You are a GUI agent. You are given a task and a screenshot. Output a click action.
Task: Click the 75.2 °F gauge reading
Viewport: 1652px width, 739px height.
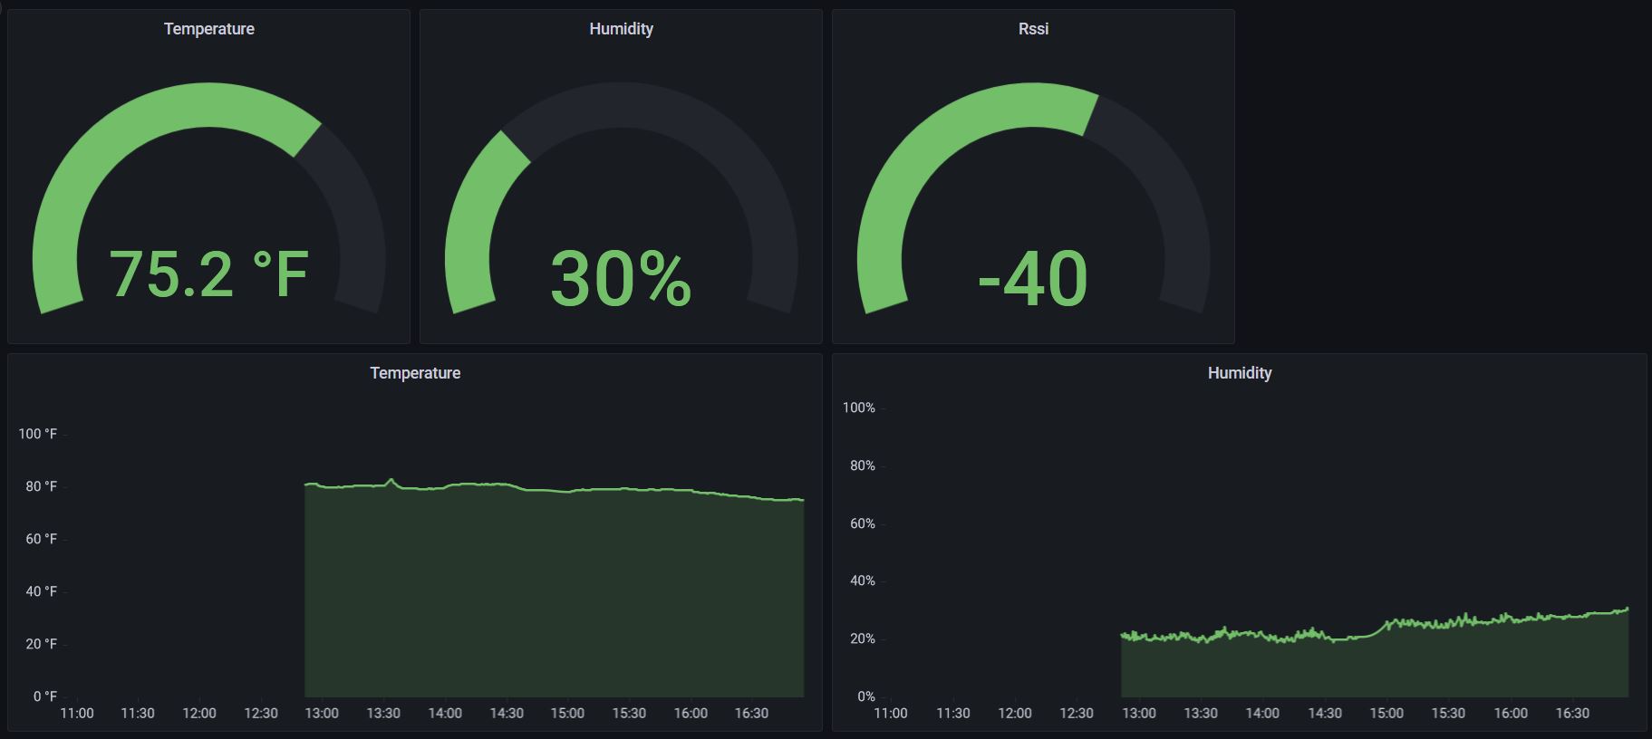pos(208,274)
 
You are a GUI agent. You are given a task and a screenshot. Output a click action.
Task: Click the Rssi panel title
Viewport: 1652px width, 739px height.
pos(1033,29)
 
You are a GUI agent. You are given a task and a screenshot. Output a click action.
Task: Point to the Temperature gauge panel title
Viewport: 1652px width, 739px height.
pos(208,29)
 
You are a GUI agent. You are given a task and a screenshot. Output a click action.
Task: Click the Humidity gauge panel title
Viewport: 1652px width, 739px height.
pos(621,29)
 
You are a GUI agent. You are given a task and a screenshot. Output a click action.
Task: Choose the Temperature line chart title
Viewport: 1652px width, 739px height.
pos(415,373)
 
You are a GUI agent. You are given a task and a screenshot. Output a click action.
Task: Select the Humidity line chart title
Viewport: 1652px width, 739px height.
pos(1239,373)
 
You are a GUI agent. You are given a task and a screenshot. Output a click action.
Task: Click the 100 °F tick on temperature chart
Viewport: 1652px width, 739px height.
pos(38,434)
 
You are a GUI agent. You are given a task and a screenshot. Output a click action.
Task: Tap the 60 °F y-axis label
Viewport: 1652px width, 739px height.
pos(41,539)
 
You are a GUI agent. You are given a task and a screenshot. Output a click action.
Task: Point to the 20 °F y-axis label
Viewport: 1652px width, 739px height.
pos(41,644)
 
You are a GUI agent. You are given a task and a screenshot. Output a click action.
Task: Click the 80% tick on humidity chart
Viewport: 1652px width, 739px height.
pos(863,465)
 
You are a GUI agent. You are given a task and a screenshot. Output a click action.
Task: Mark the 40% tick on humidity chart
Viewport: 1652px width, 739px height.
pos(863,581)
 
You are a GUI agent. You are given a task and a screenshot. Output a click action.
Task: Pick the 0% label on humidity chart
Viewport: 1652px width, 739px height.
pos(866,696)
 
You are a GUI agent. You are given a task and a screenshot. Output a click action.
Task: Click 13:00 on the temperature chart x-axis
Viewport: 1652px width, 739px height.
pos(322,714)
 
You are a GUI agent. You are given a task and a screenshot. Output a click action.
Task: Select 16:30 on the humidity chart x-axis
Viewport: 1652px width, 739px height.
pos(1572,714)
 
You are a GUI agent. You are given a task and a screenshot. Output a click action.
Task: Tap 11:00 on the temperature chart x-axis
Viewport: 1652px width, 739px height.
pos(76,714)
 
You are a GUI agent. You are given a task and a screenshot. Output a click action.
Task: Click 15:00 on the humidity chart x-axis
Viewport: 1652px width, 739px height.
pos(1386,714)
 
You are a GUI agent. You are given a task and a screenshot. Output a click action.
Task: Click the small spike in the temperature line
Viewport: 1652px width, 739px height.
pos(391,480)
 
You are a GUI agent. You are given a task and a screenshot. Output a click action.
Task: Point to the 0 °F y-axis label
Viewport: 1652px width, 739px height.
pos(45,696)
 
